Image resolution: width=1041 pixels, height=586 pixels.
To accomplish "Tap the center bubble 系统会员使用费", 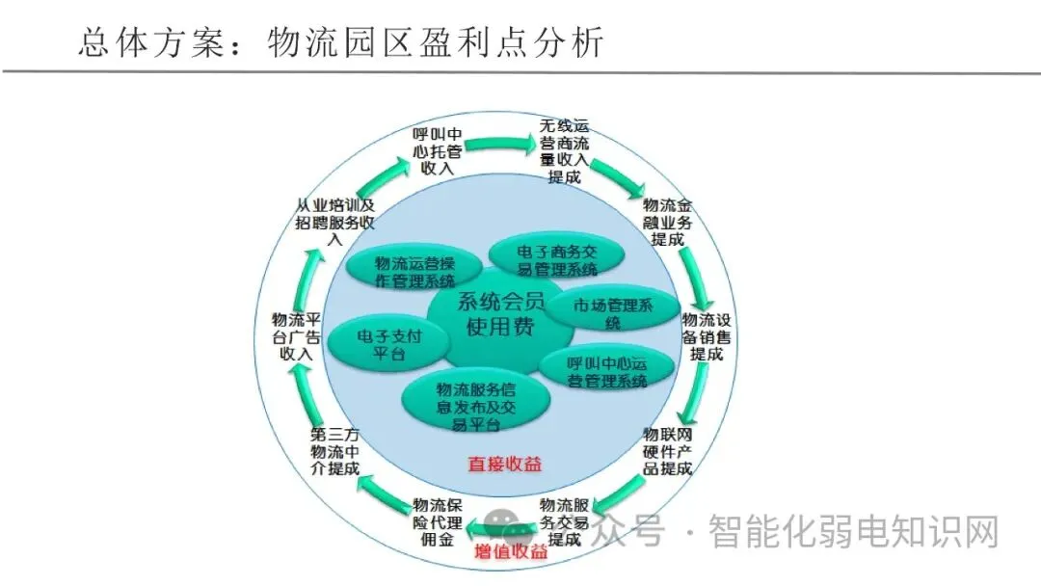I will point(500,314).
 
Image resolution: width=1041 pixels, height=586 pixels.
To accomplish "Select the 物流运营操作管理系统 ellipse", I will point(414,272).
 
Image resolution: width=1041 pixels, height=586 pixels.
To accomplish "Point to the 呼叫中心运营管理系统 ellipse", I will point(606,372).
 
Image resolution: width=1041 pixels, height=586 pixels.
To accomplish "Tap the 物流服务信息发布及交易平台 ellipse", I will point(476,402).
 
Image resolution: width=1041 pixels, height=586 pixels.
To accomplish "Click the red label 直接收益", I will point(505,465).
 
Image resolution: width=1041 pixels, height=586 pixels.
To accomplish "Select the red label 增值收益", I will point(512,552).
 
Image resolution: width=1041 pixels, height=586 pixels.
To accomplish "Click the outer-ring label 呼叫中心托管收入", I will point(437,151).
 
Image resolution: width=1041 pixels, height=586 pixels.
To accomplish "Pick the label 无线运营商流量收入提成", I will point(564,151).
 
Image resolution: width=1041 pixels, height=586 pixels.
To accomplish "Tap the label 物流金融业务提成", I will point(667,222).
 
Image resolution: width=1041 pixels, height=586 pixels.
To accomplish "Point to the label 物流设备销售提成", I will point(707,335).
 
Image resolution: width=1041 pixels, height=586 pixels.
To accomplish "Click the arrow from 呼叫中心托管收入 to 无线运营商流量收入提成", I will point(500,144).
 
